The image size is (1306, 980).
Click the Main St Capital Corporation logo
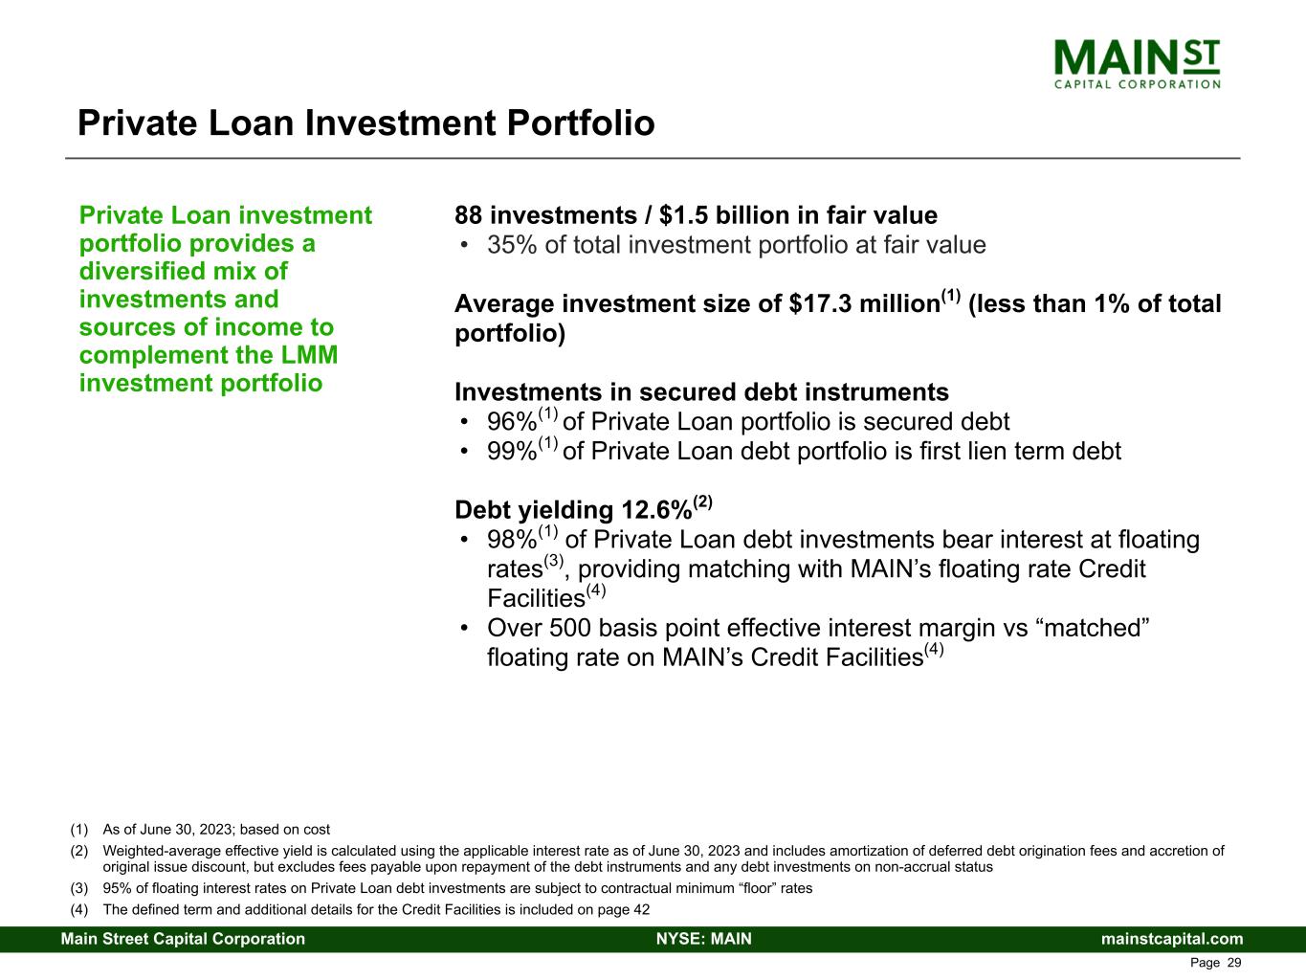point(1137,64)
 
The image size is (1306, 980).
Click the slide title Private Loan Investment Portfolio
point(365,123)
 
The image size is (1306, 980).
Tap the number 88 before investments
point(468,215)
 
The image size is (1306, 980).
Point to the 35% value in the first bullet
point(512,245)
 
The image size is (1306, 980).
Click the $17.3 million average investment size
point(864,304)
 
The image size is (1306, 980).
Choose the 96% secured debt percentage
point(512,422)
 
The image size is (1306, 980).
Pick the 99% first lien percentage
point(512,452)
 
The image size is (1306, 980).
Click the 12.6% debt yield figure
point(656,510)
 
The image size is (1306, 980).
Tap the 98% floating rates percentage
point(512,540)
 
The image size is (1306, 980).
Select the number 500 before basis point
point(569,629)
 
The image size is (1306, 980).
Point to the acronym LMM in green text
point(309,355)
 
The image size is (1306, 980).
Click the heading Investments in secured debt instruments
point(701,392)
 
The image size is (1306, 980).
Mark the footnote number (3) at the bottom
point(79,888)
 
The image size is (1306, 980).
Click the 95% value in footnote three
point(117,888)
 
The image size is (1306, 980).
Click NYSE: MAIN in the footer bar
point(704,939)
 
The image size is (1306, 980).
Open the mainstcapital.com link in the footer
point(1172,939)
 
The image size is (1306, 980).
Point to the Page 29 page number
point(1215,963)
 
